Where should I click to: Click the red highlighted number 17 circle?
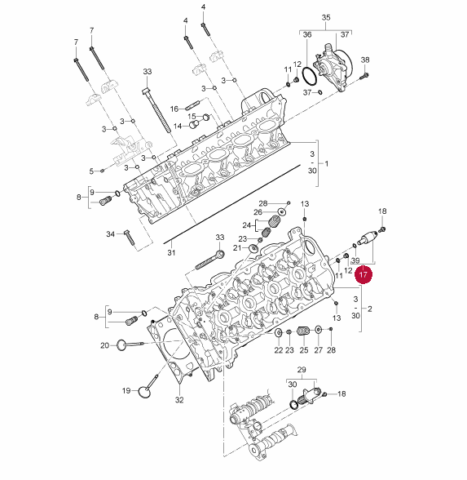pos(363,274)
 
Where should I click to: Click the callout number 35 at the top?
pos(326,17)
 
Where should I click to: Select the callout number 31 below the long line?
pos(171,252)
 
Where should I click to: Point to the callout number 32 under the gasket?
pos(179,400)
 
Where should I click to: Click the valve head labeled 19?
pos(144,392)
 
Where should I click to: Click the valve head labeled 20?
pos(121,345)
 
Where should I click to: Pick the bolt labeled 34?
pos(130,238)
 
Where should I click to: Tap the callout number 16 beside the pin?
pos(174,109)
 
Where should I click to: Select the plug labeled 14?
pos(194,124)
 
